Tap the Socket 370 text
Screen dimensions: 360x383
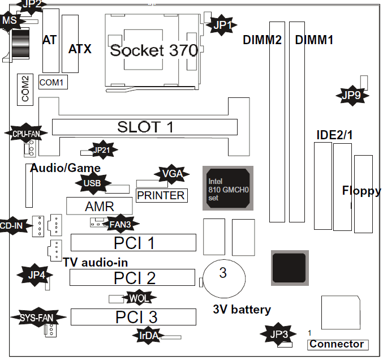click(154, 50)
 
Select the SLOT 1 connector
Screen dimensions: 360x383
click(145, 127)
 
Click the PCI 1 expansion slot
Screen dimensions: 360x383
click(134, 243)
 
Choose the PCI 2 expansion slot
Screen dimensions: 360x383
click(134, 278)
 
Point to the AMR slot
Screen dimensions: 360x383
click(99, 206)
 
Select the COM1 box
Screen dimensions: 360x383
click(53, 83)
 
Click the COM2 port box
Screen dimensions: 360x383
click(24, 89)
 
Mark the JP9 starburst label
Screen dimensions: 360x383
click(351, 95)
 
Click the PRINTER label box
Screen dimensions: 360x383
click(161, 195)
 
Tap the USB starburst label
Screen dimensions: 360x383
click(92, 183)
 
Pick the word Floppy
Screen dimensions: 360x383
click(362, 191)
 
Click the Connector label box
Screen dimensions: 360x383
click(337, 344)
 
